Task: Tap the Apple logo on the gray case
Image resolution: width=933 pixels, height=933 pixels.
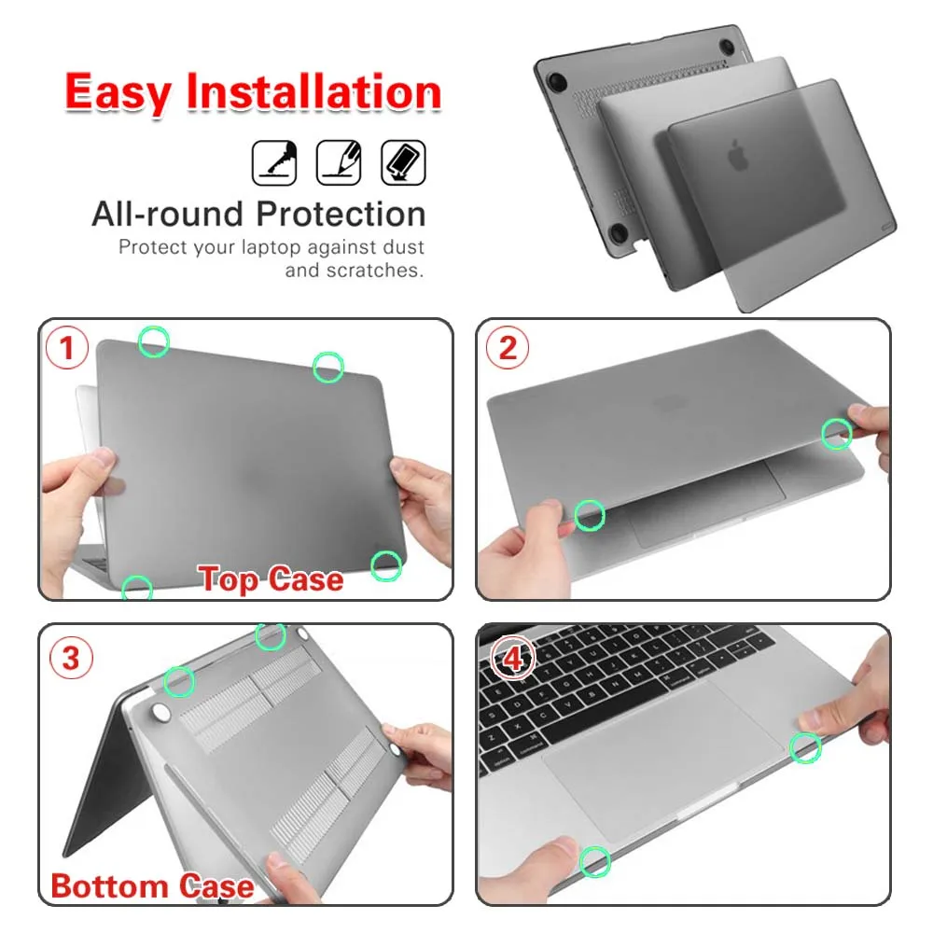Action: (739, 156)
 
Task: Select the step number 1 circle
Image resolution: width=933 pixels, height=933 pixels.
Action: (67, 349)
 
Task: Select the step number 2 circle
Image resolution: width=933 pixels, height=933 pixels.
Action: (508, 348)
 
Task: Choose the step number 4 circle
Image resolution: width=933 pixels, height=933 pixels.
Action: (512, 659)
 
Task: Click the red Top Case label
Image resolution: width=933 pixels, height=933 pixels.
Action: (272, 579)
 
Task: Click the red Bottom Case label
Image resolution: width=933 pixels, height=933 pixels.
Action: (152, 884)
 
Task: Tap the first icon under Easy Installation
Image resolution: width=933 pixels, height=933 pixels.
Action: (275, 162)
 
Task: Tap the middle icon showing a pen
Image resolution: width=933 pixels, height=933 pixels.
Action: (339, 162)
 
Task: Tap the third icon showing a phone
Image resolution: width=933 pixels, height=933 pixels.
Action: (403, 162)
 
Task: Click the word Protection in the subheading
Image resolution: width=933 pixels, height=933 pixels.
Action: (341, 215)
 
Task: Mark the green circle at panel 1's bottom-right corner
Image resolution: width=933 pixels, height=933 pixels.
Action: (386, 564)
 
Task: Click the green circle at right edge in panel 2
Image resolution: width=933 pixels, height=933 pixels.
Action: (836, 434)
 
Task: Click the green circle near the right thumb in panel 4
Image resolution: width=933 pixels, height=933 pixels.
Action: (805, 746)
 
